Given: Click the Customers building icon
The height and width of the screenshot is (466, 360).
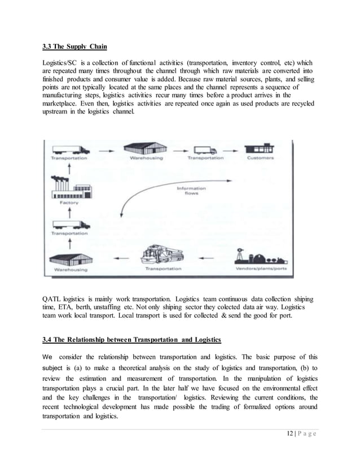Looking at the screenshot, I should click(260, 150).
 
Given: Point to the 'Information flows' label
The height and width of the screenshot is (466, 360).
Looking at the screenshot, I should click(191, 191).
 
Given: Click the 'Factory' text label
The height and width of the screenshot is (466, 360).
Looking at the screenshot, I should click(69, 201).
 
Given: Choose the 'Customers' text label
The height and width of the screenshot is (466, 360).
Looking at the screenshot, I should click(260, 159).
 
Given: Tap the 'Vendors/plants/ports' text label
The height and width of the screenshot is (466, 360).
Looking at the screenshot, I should click(260, 269).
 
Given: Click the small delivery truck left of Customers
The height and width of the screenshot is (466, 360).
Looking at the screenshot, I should click(204, 150).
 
